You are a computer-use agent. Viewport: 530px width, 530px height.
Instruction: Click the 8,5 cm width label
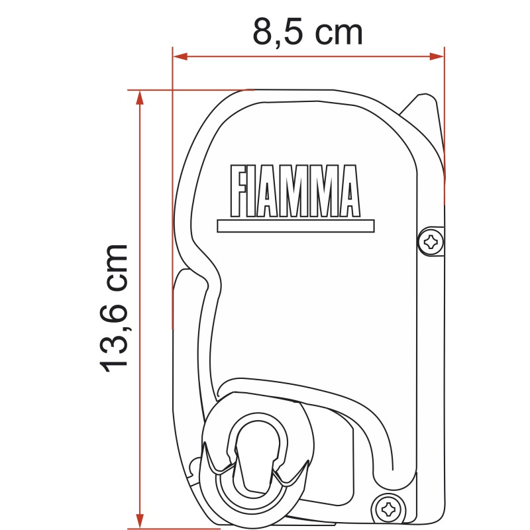pos(308,32)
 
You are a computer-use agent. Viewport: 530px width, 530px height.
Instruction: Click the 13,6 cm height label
pos(113,307)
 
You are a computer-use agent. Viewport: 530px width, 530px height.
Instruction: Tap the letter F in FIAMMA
pos(238,191)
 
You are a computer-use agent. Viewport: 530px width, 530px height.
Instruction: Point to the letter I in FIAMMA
pos(255,191)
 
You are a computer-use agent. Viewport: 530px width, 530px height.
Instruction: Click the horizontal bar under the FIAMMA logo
pos(295,226)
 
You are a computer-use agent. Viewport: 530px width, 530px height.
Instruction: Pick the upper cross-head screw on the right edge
pos(431,242)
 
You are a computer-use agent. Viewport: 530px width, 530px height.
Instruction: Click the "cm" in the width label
pos(339,32)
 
